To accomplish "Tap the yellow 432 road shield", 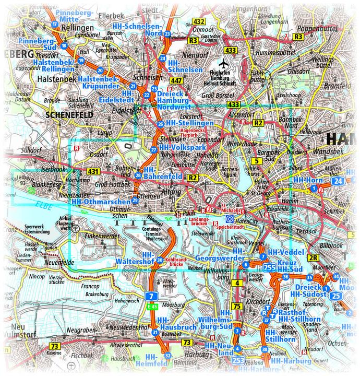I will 198,21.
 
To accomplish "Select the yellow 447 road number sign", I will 176,80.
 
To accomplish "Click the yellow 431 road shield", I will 93,171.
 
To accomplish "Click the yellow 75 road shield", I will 237,306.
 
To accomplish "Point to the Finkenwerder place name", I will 104,237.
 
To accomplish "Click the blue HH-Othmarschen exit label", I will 101,202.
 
